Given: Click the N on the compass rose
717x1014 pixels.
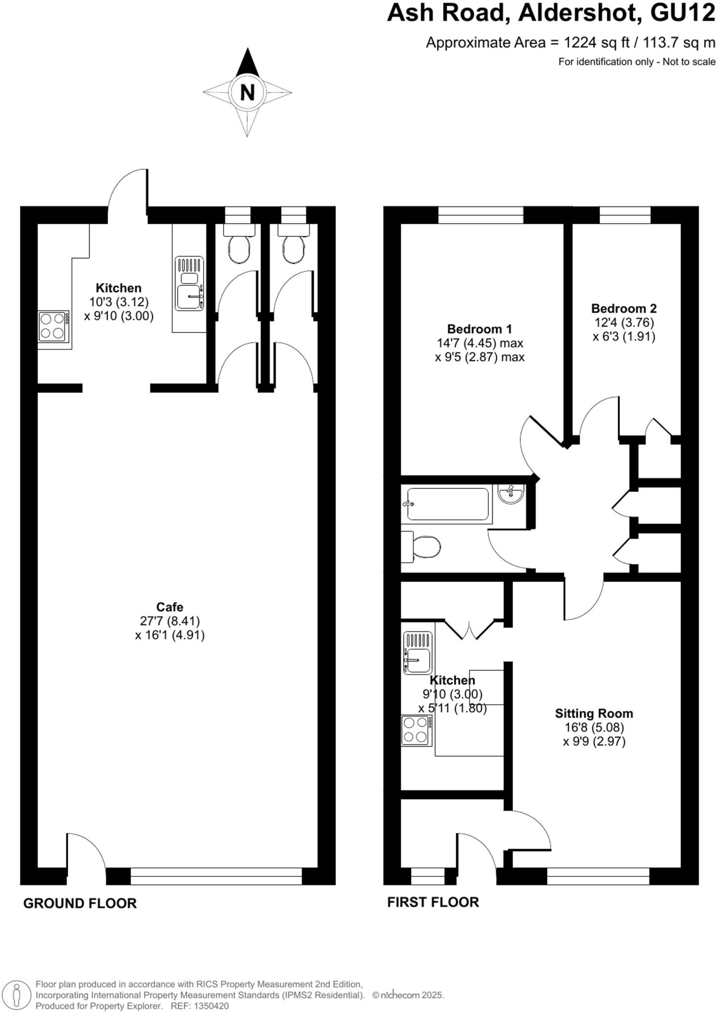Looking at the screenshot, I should click(x=247, y=92).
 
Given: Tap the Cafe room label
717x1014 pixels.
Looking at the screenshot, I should click(x=170, y=607).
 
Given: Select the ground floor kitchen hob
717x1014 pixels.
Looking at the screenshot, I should click(x=53, y=326).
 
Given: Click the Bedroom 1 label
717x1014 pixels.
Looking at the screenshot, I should click(x=479, y=329).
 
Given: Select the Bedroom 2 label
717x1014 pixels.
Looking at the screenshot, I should click(x=624, y=308).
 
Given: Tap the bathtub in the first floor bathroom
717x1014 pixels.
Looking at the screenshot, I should click(x=448, y=504).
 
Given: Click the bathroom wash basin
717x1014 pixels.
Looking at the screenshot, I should click(x=511, y=494).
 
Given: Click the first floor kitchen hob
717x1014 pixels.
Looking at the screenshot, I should click(x=416, y=730).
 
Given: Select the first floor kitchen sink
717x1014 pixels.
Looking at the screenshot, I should click(x=417, y=653).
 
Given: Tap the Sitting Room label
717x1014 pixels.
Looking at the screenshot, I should click(x=594, y=713).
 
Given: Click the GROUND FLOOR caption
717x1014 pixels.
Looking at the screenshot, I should click(x=80, y=903).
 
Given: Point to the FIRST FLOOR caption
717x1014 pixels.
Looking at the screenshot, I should click(x=433, y=902).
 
